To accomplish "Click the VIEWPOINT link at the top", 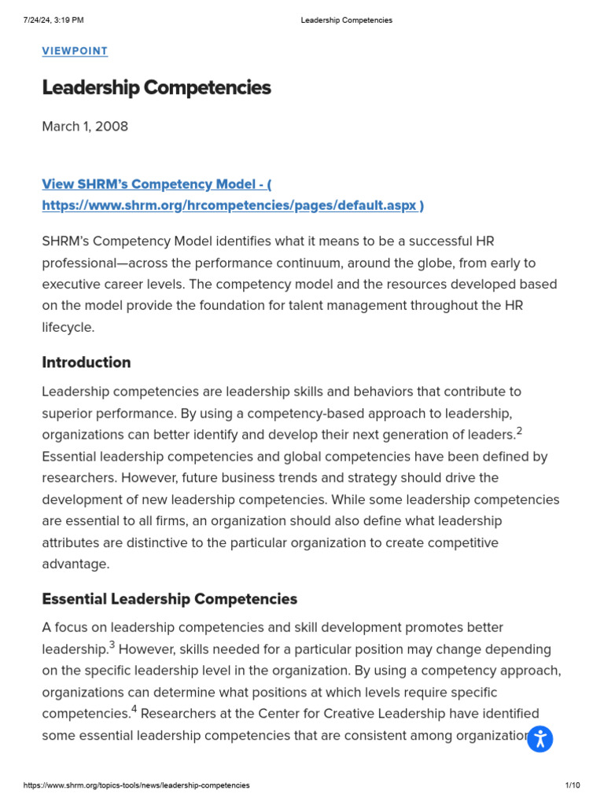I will click(75, 51).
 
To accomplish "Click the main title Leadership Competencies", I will click(157, 87).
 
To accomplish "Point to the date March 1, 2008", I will click(85, 126).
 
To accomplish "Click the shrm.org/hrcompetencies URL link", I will click(233, 205).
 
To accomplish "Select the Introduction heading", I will click(87, 362).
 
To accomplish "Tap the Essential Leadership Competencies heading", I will click(170, 599).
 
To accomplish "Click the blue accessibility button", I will click(540, 739).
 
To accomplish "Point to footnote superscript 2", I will click(520, 431).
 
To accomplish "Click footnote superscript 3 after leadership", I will click(112, 645).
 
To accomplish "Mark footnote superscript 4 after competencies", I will click(134, 710).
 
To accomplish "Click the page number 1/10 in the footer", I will click(572, 785).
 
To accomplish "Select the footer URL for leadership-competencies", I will click(137, 785).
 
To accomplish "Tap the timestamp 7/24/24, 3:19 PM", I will click(53, 20).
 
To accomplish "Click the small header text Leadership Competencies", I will click(346, 20).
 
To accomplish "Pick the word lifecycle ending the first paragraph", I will click(68, 328).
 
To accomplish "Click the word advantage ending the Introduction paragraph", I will click(74, 564).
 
